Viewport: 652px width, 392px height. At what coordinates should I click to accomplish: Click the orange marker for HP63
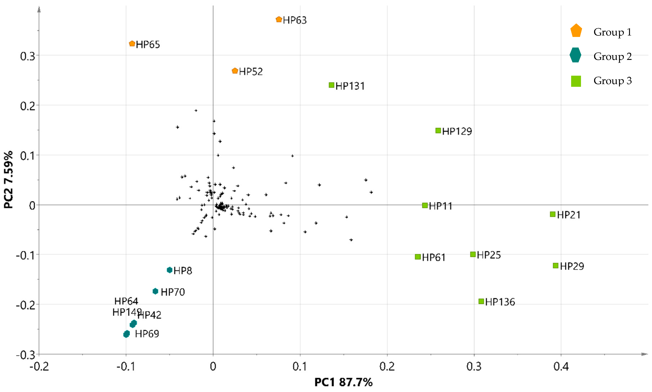tap(279, 19)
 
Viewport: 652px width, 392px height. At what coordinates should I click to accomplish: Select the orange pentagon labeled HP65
tap(132, 44)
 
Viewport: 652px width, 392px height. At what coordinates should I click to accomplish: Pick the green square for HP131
tap(331, 85)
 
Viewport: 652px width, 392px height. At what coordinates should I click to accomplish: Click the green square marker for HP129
tap(438, 131)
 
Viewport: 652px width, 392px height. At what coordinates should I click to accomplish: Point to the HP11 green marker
tap(425, 205)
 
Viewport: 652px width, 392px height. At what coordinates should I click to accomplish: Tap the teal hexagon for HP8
tap(169, 270)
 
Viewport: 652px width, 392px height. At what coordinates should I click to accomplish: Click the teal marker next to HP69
tap(126, 334)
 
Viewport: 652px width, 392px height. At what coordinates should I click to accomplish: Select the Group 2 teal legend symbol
tap(575, 55)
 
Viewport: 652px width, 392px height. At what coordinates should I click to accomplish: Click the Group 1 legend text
tap(612, 32)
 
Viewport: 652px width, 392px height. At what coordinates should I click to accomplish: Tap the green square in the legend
tap(576, 81)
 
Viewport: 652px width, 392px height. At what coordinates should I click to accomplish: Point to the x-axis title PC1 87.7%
tap(343, 382)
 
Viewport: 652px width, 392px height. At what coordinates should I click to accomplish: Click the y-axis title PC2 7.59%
tap(8, 180)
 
